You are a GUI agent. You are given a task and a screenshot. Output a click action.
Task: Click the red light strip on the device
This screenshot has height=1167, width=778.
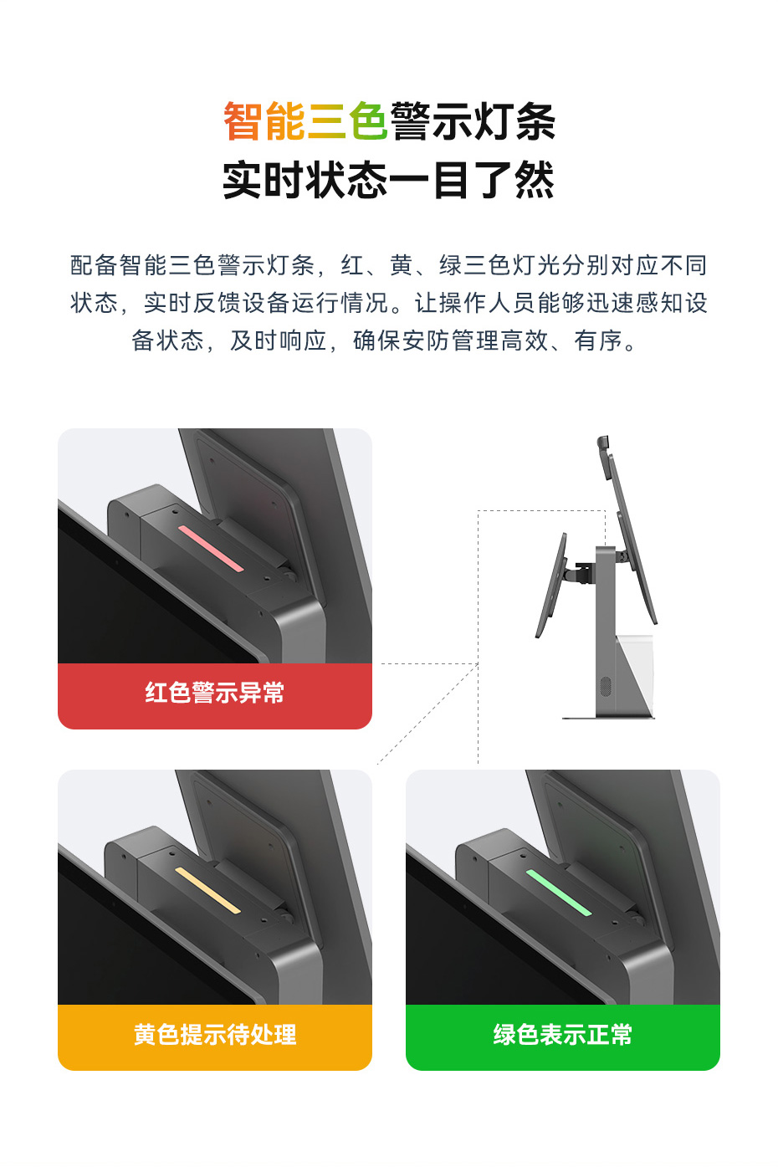click(211, 548)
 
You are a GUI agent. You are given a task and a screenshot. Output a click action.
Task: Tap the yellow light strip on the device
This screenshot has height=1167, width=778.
click(208, 890)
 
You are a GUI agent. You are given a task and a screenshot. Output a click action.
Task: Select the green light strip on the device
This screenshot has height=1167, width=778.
click(559, 893)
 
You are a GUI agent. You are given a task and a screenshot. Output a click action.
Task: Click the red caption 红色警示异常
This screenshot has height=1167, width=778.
click(215, 694)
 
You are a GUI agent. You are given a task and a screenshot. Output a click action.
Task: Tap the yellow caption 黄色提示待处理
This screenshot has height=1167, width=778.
click(215, 1035)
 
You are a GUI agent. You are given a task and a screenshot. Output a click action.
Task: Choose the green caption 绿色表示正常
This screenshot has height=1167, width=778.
click(563, 1035)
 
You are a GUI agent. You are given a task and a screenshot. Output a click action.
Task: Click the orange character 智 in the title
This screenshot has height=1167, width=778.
click(243, 120)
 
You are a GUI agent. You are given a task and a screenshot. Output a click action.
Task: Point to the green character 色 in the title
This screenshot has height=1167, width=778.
click(368, 120)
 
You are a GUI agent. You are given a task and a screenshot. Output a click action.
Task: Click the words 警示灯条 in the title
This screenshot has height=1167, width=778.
click(473, 120)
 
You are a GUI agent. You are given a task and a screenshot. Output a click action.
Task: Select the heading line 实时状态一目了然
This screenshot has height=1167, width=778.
click(389, 180)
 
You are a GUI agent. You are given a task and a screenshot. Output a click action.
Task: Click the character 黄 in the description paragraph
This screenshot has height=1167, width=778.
click(402, 265)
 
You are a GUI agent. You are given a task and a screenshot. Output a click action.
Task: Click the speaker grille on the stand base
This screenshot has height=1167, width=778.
click(606, 686)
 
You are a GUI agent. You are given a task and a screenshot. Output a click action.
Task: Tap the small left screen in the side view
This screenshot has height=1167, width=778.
click(551, 585)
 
